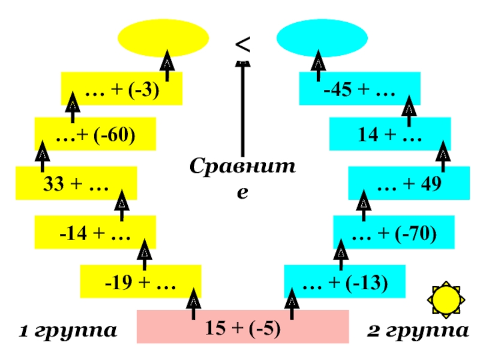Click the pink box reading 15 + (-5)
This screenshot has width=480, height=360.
(x=243, y=327)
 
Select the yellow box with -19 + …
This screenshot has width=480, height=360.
(x=141, y=282)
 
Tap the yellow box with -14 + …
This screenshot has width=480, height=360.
(x=95, y=232)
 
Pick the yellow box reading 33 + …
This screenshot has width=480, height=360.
(x=76, y=183)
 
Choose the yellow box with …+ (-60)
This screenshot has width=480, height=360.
(x=95, y=134)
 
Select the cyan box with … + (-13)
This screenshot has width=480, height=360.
(x=345, y=282)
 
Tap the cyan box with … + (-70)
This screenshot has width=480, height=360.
(x=394, y=232)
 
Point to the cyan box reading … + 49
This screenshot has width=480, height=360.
(x=409, y=183)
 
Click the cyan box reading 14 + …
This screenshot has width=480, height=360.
(x=390, y=134)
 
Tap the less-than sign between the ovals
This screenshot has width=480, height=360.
(x=242, y=43)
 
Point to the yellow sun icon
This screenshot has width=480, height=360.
(x=445, y=299)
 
